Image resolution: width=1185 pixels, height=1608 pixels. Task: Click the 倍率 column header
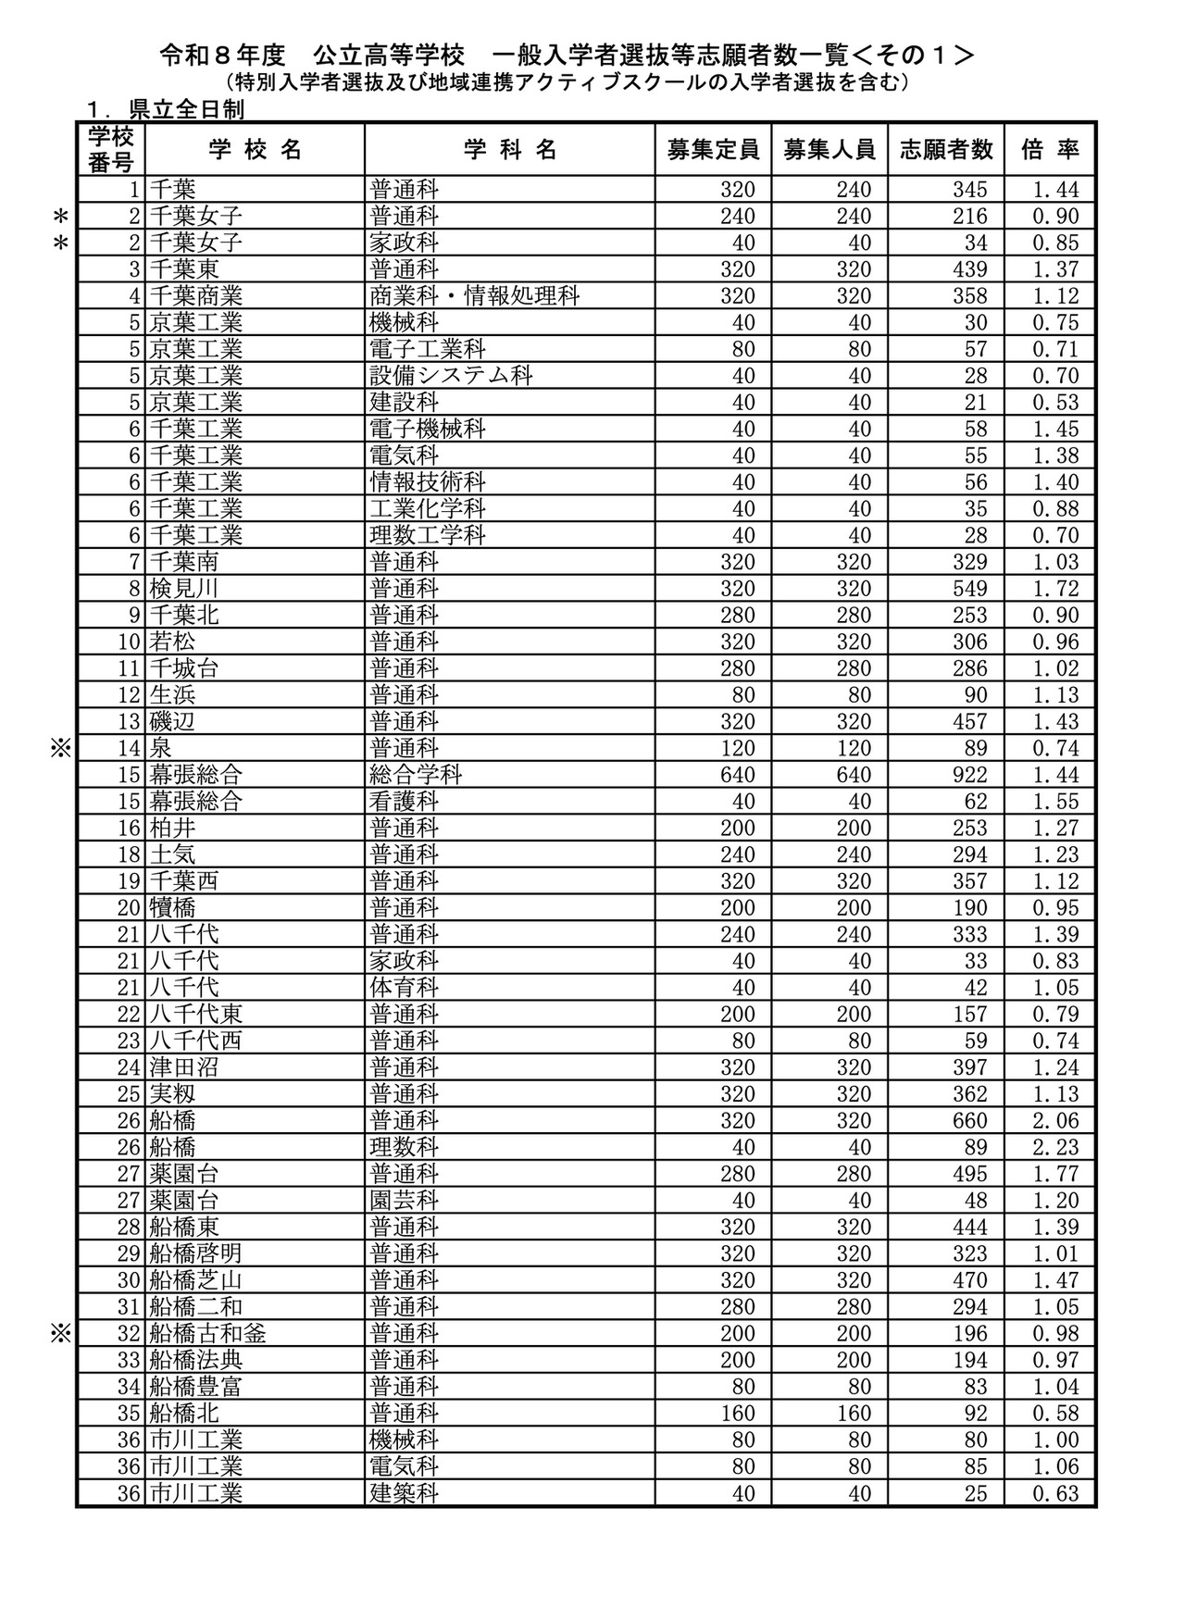pos(1050,150)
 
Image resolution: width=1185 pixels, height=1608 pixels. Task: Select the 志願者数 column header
pos(945,150)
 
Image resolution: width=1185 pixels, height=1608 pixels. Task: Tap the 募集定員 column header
pos(713,150)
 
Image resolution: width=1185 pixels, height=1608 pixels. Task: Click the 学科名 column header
pos(510,150)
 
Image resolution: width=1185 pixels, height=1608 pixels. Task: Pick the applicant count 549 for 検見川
pos(969,589)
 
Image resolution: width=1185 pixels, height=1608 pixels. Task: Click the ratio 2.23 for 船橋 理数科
pos(1054,1148)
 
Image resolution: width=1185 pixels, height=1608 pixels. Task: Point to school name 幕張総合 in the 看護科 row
pos(195,802)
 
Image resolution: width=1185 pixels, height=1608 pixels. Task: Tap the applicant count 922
pos(969,775)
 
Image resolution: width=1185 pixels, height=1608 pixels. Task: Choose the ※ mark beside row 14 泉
pos(60,748)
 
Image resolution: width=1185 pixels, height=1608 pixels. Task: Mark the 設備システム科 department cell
pos(452,376)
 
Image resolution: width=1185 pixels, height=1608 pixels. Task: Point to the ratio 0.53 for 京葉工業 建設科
pos(1054,403)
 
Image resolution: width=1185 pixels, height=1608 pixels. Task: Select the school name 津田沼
pos(183,1067)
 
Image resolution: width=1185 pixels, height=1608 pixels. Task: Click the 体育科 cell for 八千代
pos(404,988)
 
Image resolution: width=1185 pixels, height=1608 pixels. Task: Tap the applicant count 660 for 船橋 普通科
pos(969,1121)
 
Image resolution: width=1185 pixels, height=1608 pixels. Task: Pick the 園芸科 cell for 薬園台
pos(404,1201)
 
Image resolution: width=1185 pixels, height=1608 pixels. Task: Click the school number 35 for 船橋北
pos(129,1414)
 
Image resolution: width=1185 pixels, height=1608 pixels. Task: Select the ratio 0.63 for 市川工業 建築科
pos(1054,1493)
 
